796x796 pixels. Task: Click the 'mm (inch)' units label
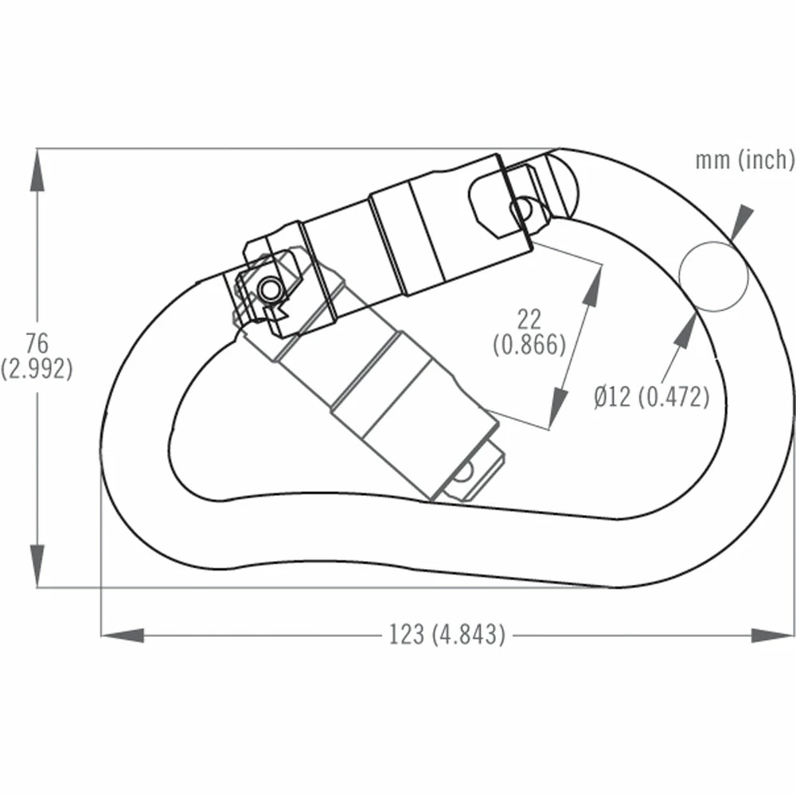pyautogui.click(x=745, y=160)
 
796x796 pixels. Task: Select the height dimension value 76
pyautogui.click(x=37, y=344)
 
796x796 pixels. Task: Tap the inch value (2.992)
pyautogui.click(x=37, y=369)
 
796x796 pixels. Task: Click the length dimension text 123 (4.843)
pyautogui.click(x=447, y=634)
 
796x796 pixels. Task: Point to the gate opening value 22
pyautogui.click(x=529, y=320)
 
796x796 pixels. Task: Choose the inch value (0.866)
pyautogui.click(x=529, y=345)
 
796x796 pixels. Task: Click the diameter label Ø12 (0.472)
pyautogui.click(x=650, y=396)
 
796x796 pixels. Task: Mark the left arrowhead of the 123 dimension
pyautogui.click(x=122, y=634)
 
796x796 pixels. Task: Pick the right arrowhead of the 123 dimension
pyautogui.click(x=772, y=634)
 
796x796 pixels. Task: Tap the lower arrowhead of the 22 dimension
pyautogui.click(x=557, y=407)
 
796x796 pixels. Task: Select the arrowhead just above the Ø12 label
pyautogui.click(x=683, y=330)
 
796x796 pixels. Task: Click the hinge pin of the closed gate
pyautogui.click(x=271, y=287)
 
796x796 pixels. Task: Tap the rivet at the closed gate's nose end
pyautogui.click(x=521, y=209)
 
